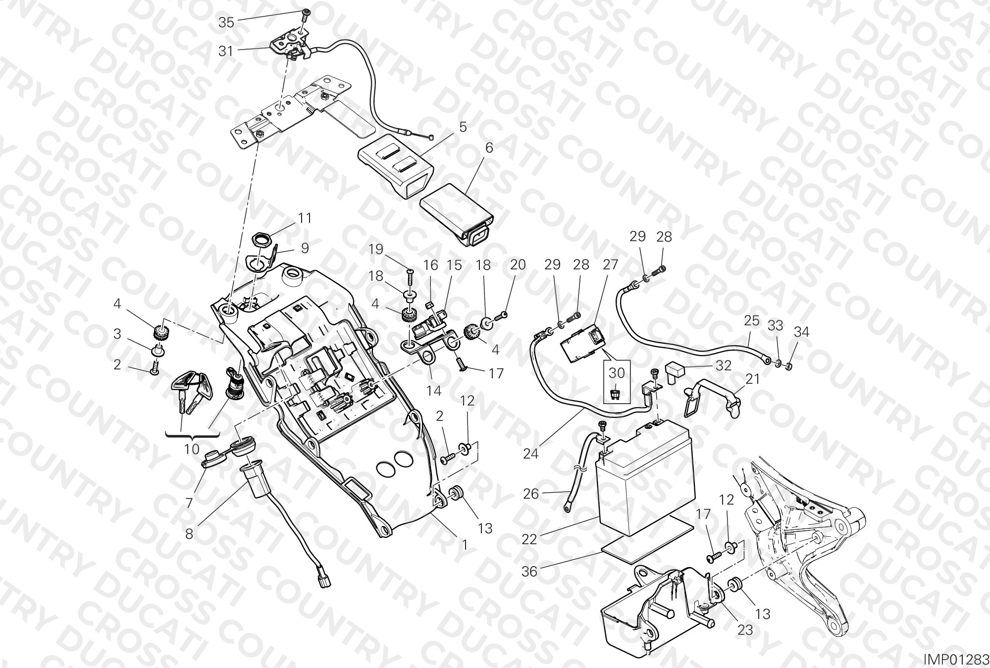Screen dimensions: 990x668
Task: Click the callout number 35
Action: point(226,22)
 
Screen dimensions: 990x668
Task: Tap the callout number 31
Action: point(226,51)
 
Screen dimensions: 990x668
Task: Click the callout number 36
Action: point(529,571)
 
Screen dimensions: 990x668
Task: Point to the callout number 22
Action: point(529,539)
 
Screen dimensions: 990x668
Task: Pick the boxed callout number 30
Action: point(617,372)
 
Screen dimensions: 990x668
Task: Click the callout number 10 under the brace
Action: point(192,450)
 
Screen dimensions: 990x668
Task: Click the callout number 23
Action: point(745,630)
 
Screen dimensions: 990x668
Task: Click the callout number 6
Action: point(489,148)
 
